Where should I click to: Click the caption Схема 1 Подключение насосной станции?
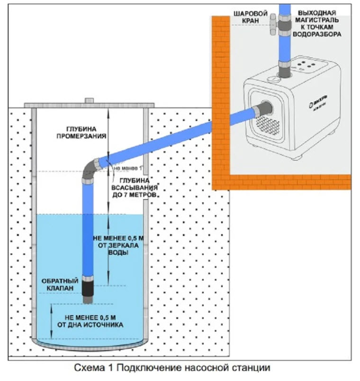point(176,367)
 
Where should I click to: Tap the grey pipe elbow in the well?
point(90,171)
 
